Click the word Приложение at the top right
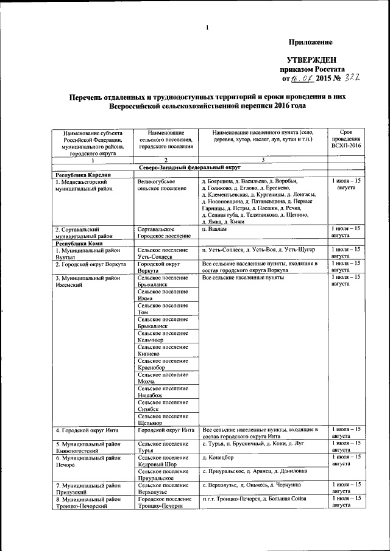pyautogui.click(x=310, y=42)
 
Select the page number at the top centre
pyautogui.click(x=207, y=27)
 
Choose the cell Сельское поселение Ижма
pyautogui.click(x=163, y=295)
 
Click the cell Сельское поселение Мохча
pyautogui.click(x=163, y=377)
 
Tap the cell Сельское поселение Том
pyautogui.click(x=163, y=309)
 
